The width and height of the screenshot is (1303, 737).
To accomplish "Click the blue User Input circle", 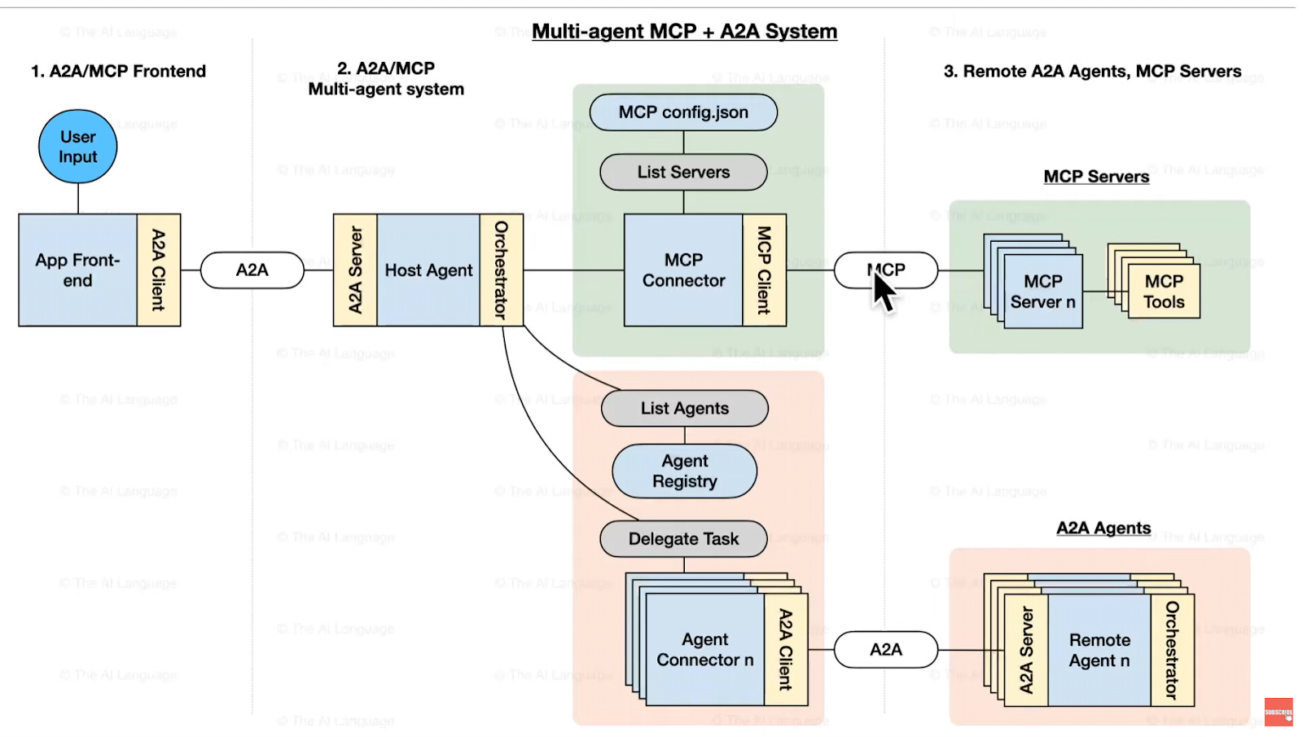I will [x=77, y=147].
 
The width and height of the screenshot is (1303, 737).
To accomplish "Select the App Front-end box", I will [x=77, y=270].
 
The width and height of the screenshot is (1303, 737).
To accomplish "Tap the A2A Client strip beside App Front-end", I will [x=159, y=270].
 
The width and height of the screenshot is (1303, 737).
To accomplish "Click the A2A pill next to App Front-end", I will [x=252, y=270].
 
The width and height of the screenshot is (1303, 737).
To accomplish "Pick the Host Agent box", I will [x=428, y=270].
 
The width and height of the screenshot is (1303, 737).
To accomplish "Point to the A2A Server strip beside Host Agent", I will [x=355, y=270].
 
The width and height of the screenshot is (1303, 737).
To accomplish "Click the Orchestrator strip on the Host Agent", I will [x=501, y=270].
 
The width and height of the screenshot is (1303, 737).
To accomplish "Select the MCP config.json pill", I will [x=683, y=112].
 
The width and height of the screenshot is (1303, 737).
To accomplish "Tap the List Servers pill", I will [x=683, y=172].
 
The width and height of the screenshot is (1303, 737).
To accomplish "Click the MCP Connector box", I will [x=683, y=270].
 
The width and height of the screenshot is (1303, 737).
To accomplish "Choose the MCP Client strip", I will [x=764, y=270].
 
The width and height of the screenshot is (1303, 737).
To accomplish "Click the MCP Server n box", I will [x=1042, y=292].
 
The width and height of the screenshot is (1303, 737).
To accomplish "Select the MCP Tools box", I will [x=1164, y=292].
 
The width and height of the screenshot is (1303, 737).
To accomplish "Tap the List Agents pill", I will [x=684, y=408].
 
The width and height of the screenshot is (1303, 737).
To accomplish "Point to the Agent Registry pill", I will [x=684, y=472].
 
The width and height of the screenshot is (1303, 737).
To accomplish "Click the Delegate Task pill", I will [x=683, y=539].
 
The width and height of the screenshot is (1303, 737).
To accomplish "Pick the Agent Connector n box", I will [x=704, y=650].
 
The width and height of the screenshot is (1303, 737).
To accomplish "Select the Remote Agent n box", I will [x=1099, y=650].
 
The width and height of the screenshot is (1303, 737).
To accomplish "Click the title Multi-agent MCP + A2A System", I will [x=684, y=32].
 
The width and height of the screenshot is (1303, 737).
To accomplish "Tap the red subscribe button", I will [x=1279, y=712].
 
